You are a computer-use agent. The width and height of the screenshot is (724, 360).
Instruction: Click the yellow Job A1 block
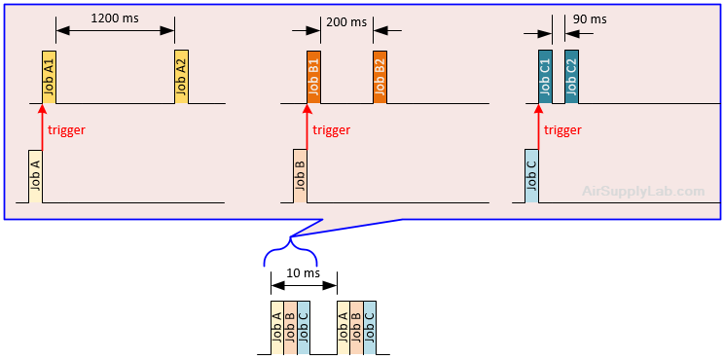[x=49, y=77]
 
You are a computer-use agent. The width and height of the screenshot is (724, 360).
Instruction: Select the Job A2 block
[x=181, y=77]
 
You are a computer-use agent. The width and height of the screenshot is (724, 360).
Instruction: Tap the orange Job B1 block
[x=313, y=77]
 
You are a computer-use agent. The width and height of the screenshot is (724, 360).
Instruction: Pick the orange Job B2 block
[x=380, y=77]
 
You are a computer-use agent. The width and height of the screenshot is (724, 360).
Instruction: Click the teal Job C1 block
[x=545, y=77]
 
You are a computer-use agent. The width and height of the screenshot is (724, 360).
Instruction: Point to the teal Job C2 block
[x=571, y=77]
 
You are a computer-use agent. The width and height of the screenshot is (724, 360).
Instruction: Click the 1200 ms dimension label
[x=114, y=18]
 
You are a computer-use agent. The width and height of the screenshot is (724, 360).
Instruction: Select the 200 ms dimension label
[x=345, y=21]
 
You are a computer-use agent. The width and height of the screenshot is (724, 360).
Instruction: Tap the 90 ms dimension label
[x=590, y=19]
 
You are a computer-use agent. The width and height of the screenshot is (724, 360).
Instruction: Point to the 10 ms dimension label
[x=303, y=273]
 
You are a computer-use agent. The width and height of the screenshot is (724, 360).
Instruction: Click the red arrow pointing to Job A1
[x=42, y=126]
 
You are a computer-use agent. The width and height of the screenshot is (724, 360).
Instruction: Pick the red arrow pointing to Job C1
[x=538, y=126]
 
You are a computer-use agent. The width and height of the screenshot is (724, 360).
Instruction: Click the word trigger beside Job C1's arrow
[x=562, y=130]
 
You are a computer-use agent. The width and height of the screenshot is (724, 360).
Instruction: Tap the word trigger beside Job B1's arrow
[x=331, y=130]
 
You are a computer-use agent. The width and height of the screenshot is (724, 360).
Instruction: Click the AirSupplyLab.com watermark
[x=642, y=192]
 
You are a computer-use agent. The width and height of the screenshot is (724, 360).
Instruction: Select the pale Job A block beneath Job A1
[x=35, y=176]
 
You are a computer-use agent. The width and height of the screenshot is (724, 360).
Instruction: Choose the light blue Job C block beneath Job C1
[x=531, y=176]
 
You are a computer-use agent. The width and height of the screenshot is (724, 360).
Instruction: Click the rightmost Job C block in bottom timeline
[x=369, y=327]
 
